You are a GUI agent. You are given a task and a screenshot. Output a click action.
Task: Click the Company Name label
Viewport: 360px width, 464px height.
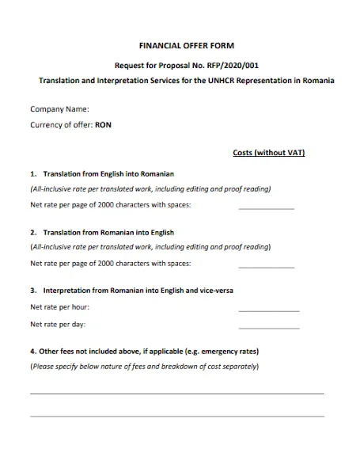pyautogui.click(x=59, y=109)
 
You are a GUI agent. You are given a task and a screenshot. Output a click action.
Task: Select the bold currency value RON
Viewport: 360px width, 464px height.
pyautogui.click(x=104, y=125)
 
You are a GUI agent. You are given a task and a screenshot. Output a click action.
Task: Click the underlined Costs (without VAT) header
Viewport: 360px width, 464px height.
pyautogui.click(x=269, y=152)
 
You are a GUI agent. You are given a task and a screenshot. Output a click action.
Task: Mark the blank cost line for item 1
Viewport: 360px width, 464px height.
pyautogui.click(x=266, y=207)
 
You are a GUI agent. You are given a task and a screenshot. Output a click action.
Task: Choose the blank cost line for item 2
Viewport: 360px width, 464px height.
pyautogui.click(x=266, y=267)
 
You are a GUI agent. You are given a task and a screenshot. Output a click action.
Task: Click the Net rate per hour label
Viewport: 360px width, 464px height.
pyautogui.click(x=59, y=306)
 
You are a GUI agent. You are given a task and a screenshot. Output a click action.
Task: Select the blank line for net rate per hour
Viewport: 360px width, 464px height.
pyautogui.click(x=268, y=310)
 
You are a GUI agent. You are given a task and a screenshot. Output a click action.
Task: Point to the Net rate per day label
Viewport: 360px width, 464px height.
pyautogui.click(x=58, y=324)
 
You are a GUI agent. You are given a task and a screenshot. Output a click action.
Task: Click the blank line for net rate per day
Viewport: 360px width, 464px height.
pyautogui.click(x=268, y=327)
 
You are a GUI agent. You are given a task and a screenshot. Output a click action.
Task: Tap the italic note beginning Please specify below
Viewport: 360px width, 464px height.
pyautogui.click(x=144, y=367)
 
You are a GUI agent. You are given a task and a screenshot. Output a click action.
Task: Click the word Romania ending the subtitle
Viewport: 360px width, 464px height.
pyautogui.click(x=319, y=81)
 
